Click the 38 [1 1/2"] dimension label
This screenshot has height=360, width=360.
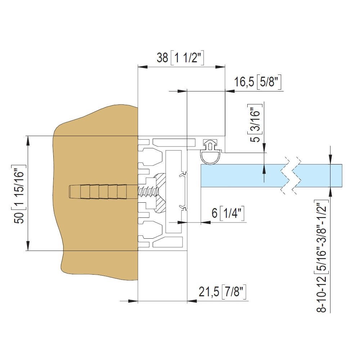(180, 58)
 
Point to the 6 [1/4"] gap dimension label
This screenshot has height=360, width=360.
(228, 213)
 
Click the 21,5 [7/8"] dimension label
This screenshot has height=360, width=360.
(222, 292)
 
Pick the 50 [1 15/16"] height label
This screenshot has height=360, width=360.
(19, 194)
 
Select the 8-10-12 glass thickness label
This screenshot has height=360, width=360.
(322, 256)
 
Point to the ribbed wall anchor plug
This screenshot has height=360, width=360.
(98, 192)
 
